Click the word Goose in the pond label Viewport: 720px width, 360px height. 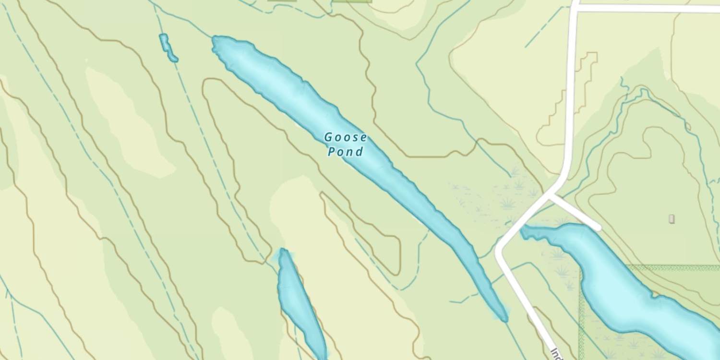(x=346, y=138)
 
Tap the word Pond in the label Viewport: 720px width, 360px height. (x=345, y=152)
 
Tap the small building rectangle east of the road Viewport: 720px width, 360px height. (x=672, y=219)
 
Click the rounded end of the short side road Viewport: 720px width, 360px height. (x=597, y=227)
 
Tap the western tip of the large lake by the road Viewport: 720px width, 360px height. (x=523, y=232)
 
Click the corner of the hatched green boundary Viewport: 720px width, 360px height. (x=581, y=267)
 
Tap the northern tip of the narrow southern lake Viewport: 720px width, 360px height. (x=283, y=250)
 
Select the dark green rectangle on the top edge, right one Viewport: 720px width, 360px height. (x=352, y=1)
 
